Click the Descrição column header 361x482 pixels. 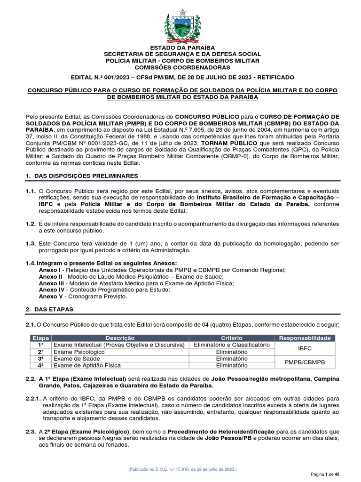click(x=120, y=338)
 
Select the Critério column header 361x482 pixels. click(x=231, y=338)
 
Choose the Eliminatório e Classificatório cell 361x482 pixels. click(x=231, y=345)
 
